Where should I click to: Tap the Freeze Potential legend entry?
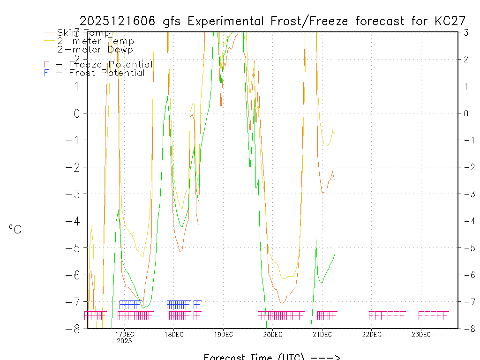98,65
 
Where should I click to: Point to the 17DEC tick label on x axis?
124,334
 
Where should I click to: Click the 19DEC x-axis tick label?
223,334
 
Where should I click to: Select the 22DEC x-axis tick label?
371,334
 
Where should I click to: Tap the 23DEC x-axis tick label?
421,334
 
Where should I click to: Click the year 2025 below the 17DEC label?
124,341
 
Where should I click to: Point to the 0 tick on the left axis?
77,113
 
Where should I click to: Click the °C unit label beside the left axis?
15,229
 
